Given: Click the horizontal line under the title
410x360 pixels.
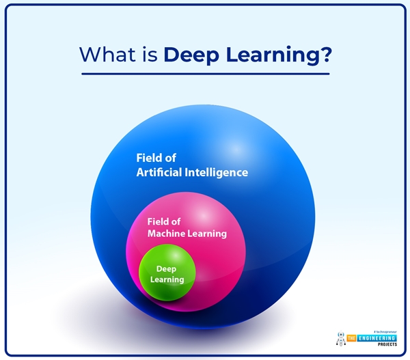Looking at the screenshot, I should coord(205,73).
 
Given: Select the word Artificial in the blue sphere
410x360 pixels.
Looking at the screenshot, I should coord(159,172).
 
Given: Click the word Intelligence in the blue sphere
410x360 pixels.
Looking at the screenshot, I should coord(217,172).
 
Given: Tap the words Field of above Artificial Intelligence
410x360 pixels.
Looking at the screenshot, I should coord(156,158).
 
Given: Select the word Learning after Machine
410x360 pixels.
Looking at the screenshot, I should coord(210,234).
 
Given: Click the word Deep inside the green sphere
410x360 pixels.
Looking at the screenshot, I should coord(167,269).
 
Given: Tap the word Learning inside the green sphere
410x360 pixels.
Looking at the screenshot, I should coord(167,279).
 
